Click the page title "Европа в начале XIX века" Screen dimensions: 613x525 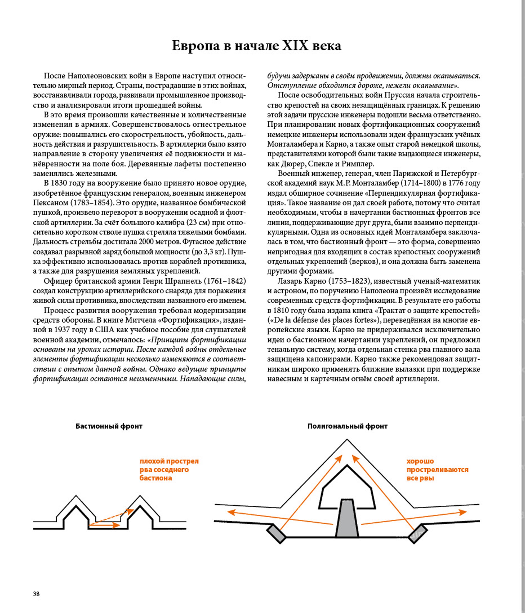(x=257, y=46)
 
